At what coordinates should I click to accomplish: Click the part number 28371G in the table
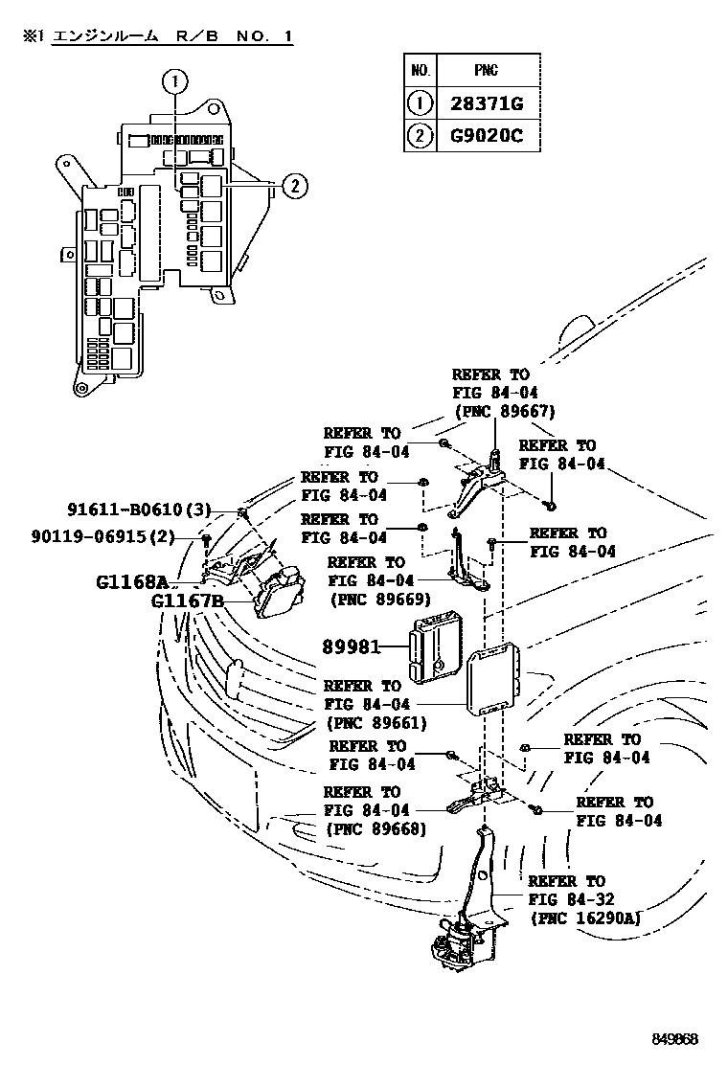tap(487, 103)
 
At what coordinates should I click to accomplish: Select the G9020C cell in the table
tap(487, 135)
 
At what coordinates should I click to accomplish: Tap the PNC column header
tap(487, 71)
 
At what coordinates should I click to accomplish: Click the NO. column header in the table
tap(420, 71)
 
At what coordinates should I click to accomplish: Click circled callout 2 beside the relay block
tap(294, 186)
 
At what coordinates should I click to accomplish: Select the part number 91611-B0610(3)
tap(139, 509)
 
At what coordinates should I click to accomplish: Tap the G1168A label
tap(132, 581)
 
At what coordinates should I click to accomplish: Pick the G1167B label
tap(187, 601)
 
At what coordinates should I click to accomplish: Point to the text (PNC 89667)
tap(503, 412)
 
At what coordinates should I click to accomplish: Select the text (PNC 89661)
tap(375, 723)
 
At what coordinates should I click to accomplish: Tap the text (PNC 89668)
tap(375, 827)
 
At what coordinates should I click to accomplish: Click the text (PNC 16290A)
tap(584, 917)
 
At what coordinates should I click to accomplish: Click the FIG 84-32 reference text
tap(571, 898)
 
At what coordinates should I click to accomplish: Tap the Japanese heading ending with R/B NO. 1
tap(158, 36)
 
